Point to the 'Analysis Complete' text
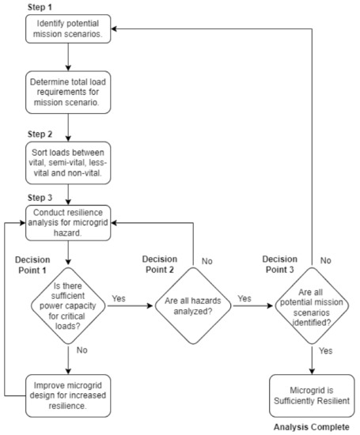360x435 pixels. [x=310, y=428]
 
